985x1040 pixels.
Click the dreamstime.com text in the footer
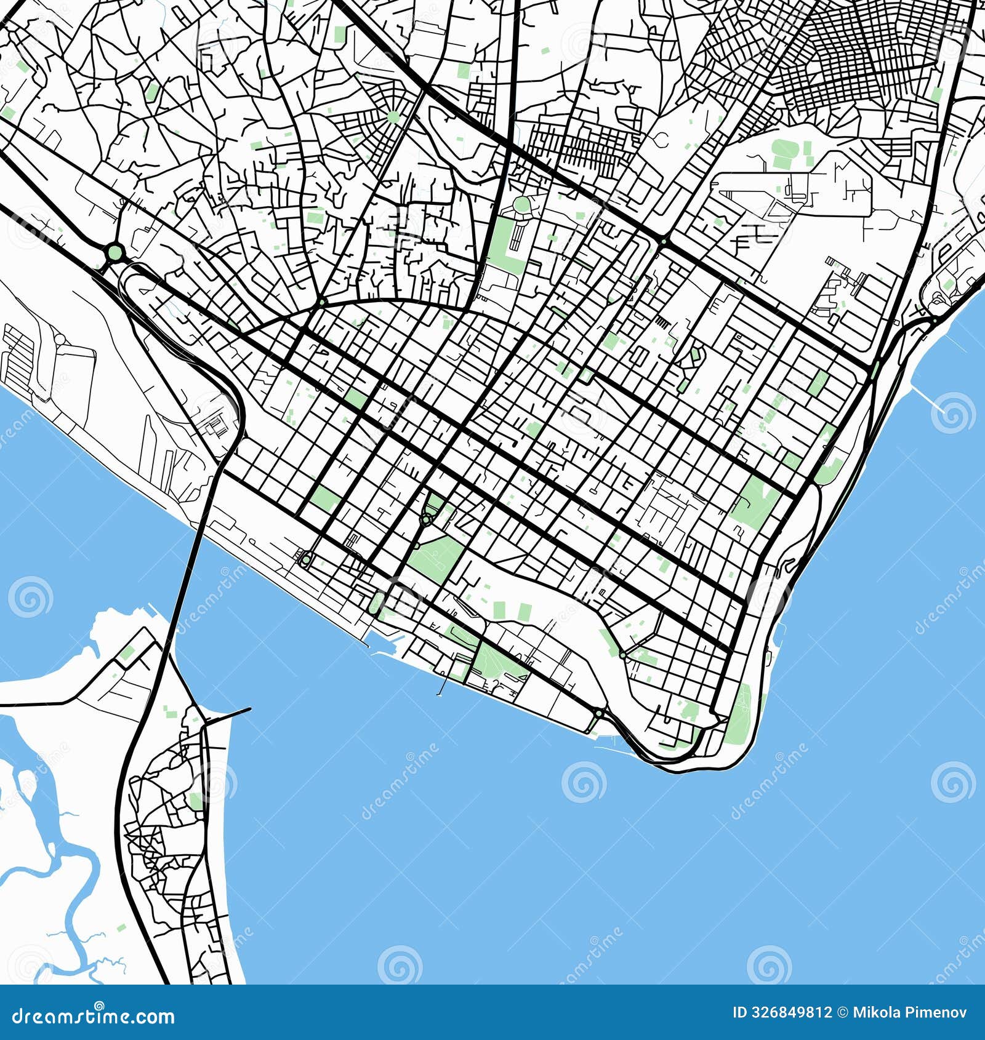point(94,1016)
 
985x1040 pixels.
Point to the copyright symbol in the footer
point(842,1012)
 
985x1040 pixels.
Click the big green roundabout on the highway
point(115,252)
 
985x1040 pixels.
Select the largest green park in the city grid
point(436,557)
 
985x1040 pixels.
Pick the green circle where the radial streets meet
point(393,116)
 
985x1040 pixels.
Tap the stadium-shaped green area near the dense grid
point(785,153)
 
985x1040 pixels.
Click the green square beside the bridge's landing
point(127,654)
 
